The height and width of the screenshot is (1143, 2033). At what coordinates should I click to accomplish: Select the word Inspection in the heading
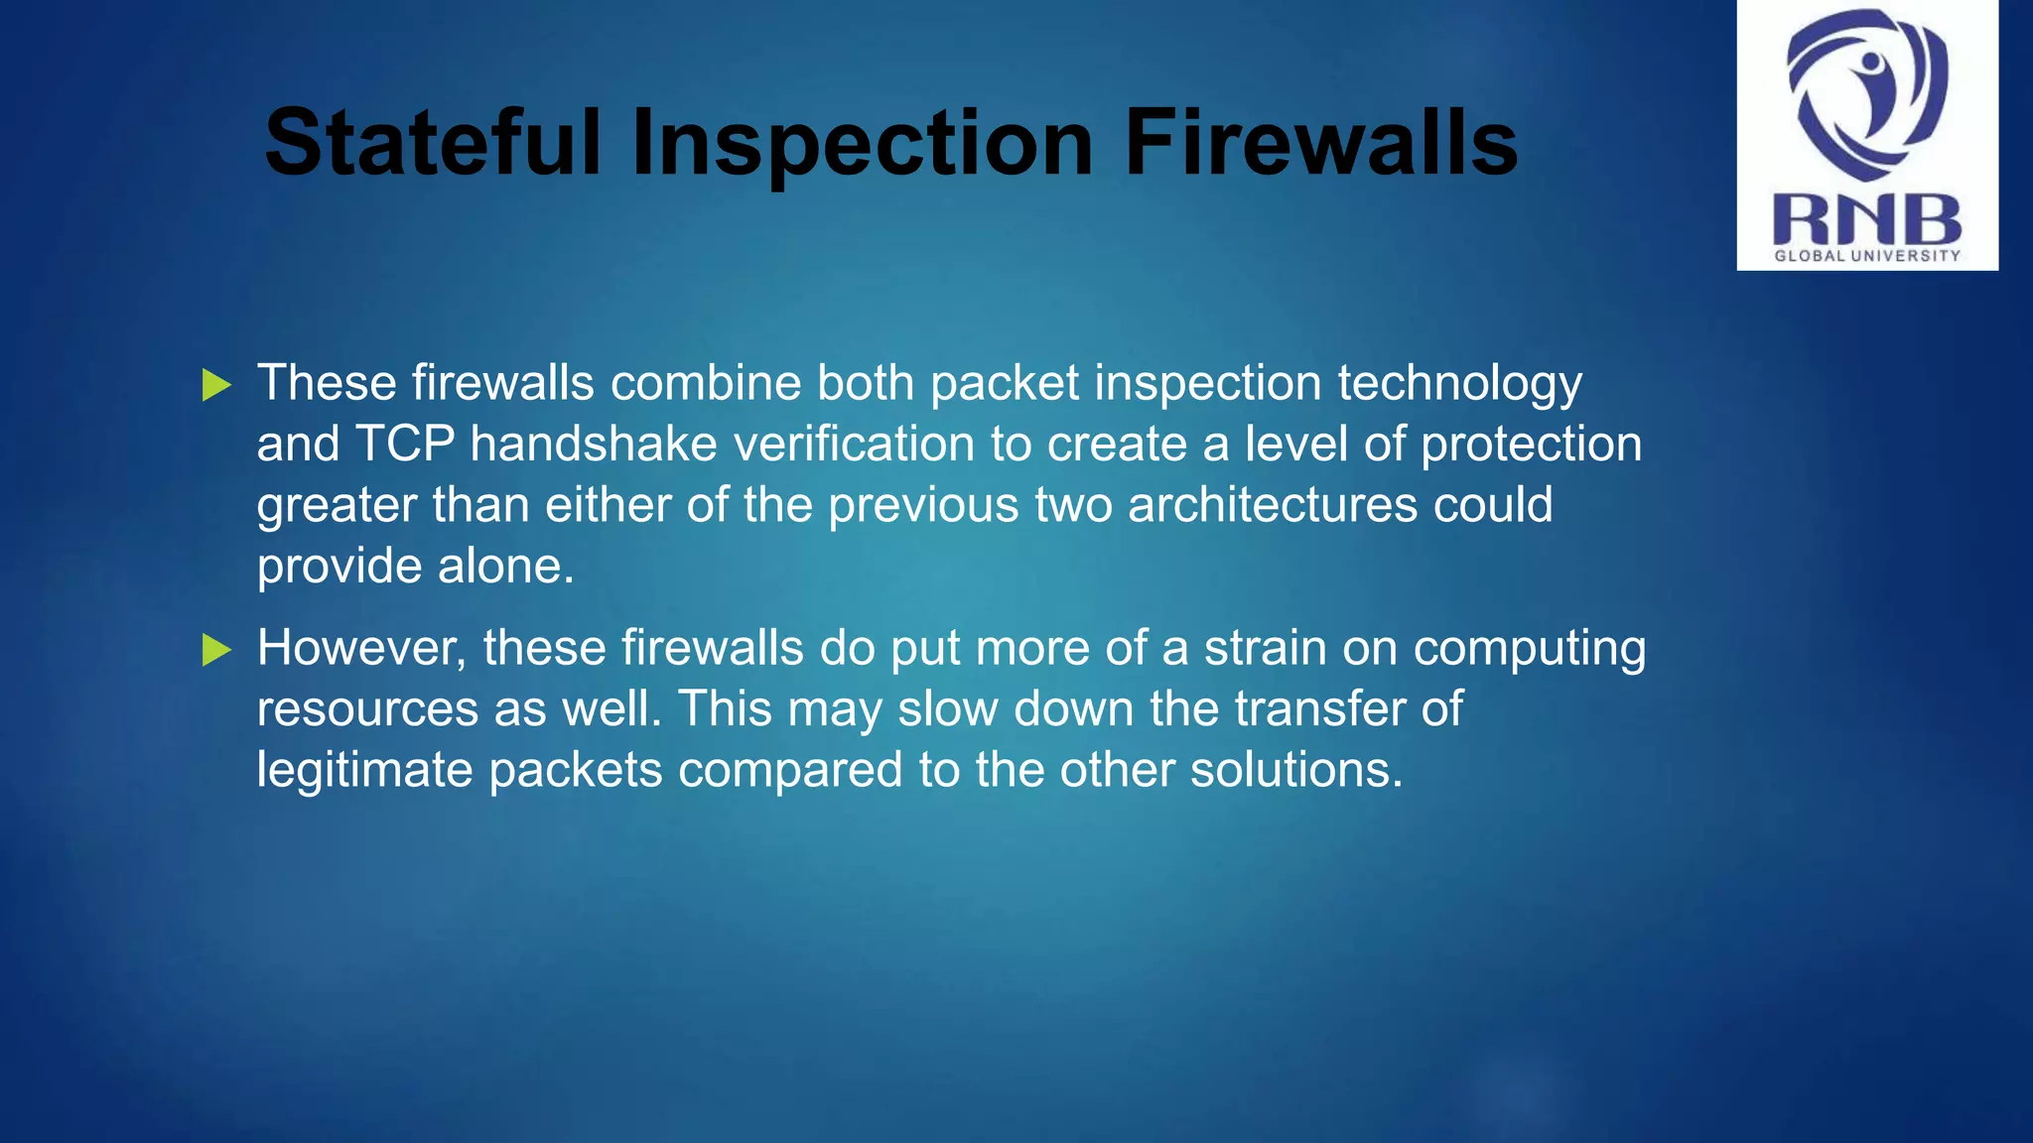(x=862, y=145)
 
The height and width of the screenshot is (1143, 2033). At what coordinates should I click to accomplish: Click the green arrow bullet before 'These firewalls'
(x=216, y=385)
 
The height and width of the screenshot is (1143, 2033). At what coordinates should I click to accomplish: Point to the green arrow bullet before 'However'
(x=216, y=650)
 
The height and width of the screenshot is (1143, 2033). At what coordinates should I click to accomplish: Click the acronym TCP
(x=404, y=444)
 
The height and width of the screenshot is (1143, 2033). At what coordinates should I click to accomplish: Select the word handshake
(x=594, y=444)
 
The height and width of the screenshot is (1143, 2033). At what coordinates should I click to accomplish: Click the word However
(x=362, y=648)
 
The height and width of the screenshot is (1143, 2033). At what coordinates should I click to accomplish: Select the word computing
(x=1529, y=650)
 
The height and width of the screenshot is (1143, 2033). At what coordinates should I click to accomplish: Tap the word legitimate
(x=364, y=770)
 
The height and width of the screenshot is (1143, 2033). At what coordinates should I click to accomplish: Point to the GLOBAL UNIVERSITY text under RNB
(x=1867, y=255)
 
